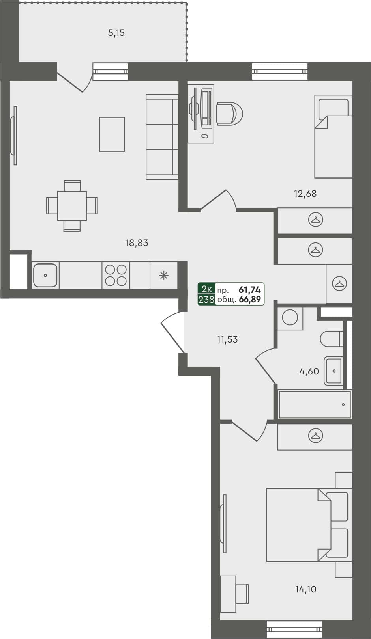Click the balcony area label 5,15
[x=116, y=33]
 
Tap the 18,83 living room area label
[x=137, y=243]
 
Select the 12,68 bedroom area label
[x=305, y=194]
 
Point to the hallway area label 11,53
[x=227, y=339]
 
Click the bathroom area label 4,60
[x=309, y=371]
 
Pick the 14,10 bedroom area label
[x=306, y=589]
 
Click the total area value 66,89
[x=250, y=300]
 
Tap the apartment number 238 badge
[x=206, y=300]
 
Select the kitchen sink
[x=45, y=275]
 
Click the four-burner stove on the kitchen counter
[x=116, y=275]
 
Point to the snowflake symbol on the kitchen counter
[x=163, y=275]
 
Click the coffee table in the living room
[x=112, y=134]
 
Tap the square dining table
[x=72, y=206]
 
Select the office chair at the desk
[x=229, y=114]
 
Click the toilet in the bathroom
[x=331, y=339]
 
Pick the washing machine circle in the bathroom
[x=290, y=318]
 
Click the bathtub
[x=315, y=404]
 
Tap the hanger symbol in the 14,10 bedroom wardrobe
[x=315, y=436]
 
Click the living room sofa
[x=162, y=137]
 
